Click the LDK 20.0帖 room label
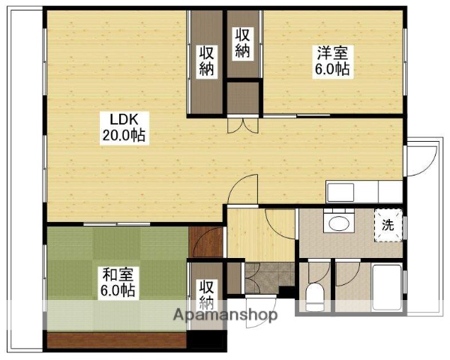coord(124,127)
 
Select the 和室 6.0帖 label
coord(118,282)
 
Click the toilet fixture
coord(315,297)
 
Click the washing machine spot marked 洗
coord(388,223)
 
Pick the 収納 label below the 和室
coord(207,295)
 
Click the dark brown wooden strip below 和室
coord(116,341)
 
